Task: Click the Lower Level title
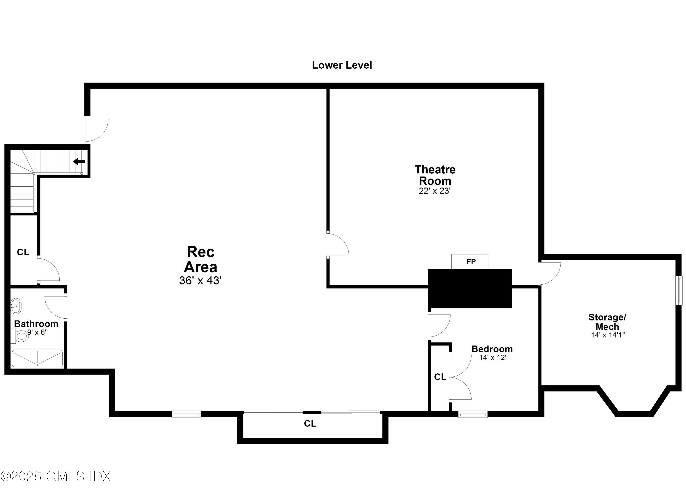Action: click(x=342, y=65)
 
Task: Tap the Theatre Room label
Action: click(x=435, y=175)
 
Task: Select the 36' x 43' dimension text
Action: click(x=200, y=281)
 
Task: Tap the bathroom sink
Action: click(x=16, y=306)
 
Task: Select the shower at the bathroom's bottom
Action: click(x=37, y=358)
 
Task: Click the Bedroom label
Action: click(x=492, y=349)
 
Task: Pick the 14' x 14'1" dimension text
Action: click(x=608, y=335)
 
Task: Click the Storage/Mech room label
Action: click(x=607, y=322)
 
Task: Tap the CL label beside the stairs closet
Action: click(x=23, y=252)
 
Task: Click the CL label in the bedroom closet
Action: click(x=440, y=377)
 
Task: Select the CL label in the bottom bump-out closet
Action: click(x=310, y=424)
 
